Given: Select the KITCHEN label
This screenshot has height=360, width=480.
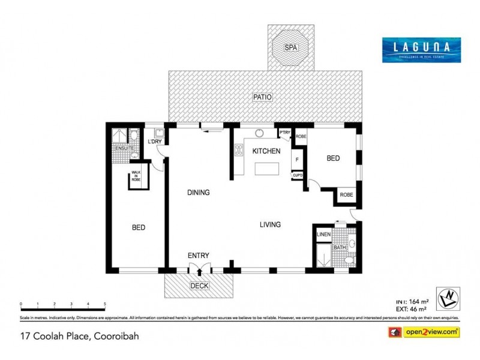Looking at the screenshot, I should click(266, 151).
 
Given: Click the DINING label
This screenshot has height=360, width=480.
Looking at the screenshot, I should click(198, 193).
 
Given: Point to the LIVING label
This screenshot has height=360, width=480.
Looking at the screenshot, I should click(270, 224).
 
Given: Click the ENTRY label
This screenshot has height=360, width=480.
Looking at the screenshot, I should click(199, 256).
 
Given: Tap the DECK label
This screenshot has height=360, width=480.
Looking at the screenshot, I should click(199, 286).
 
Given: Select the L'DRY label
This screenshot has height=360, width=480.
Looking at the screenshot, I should click(155, 142).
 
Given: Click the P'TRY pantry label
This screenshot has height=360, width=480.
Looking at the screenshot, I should click(284, 133).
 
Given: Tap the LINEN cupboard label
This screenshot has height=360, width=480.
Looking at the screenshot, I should click(323, 234).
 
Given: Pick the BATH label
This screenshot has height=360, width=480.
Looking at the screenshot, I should click(340, 247).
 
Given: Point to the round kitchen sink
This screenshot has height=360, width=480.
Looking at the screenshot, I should click(260, 134).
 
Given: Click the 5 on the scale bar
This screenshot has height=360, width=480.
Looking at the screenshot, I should click(105, 304).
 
